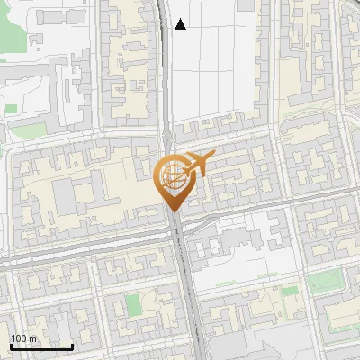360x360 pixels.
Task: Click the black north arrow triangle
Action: coord(180,24)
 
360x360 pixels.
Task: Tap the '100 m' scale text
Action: coord(23,337)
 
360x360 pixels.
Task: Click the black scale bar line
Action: coord(41,346)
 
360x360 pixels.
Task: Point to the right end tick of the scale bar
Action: coord(72,345)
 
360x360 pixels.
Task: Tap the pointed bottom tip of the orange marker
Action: coord(172,210)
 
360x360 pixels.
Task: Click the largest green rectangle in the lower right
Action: coord(326,283)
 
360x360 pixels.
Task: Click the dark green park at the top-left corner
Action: coord(11,27)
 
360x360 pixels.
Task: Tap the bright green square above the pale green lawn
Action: coord(10,109)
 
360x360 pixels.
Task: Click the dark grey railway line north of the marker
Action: coord(167,72)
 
